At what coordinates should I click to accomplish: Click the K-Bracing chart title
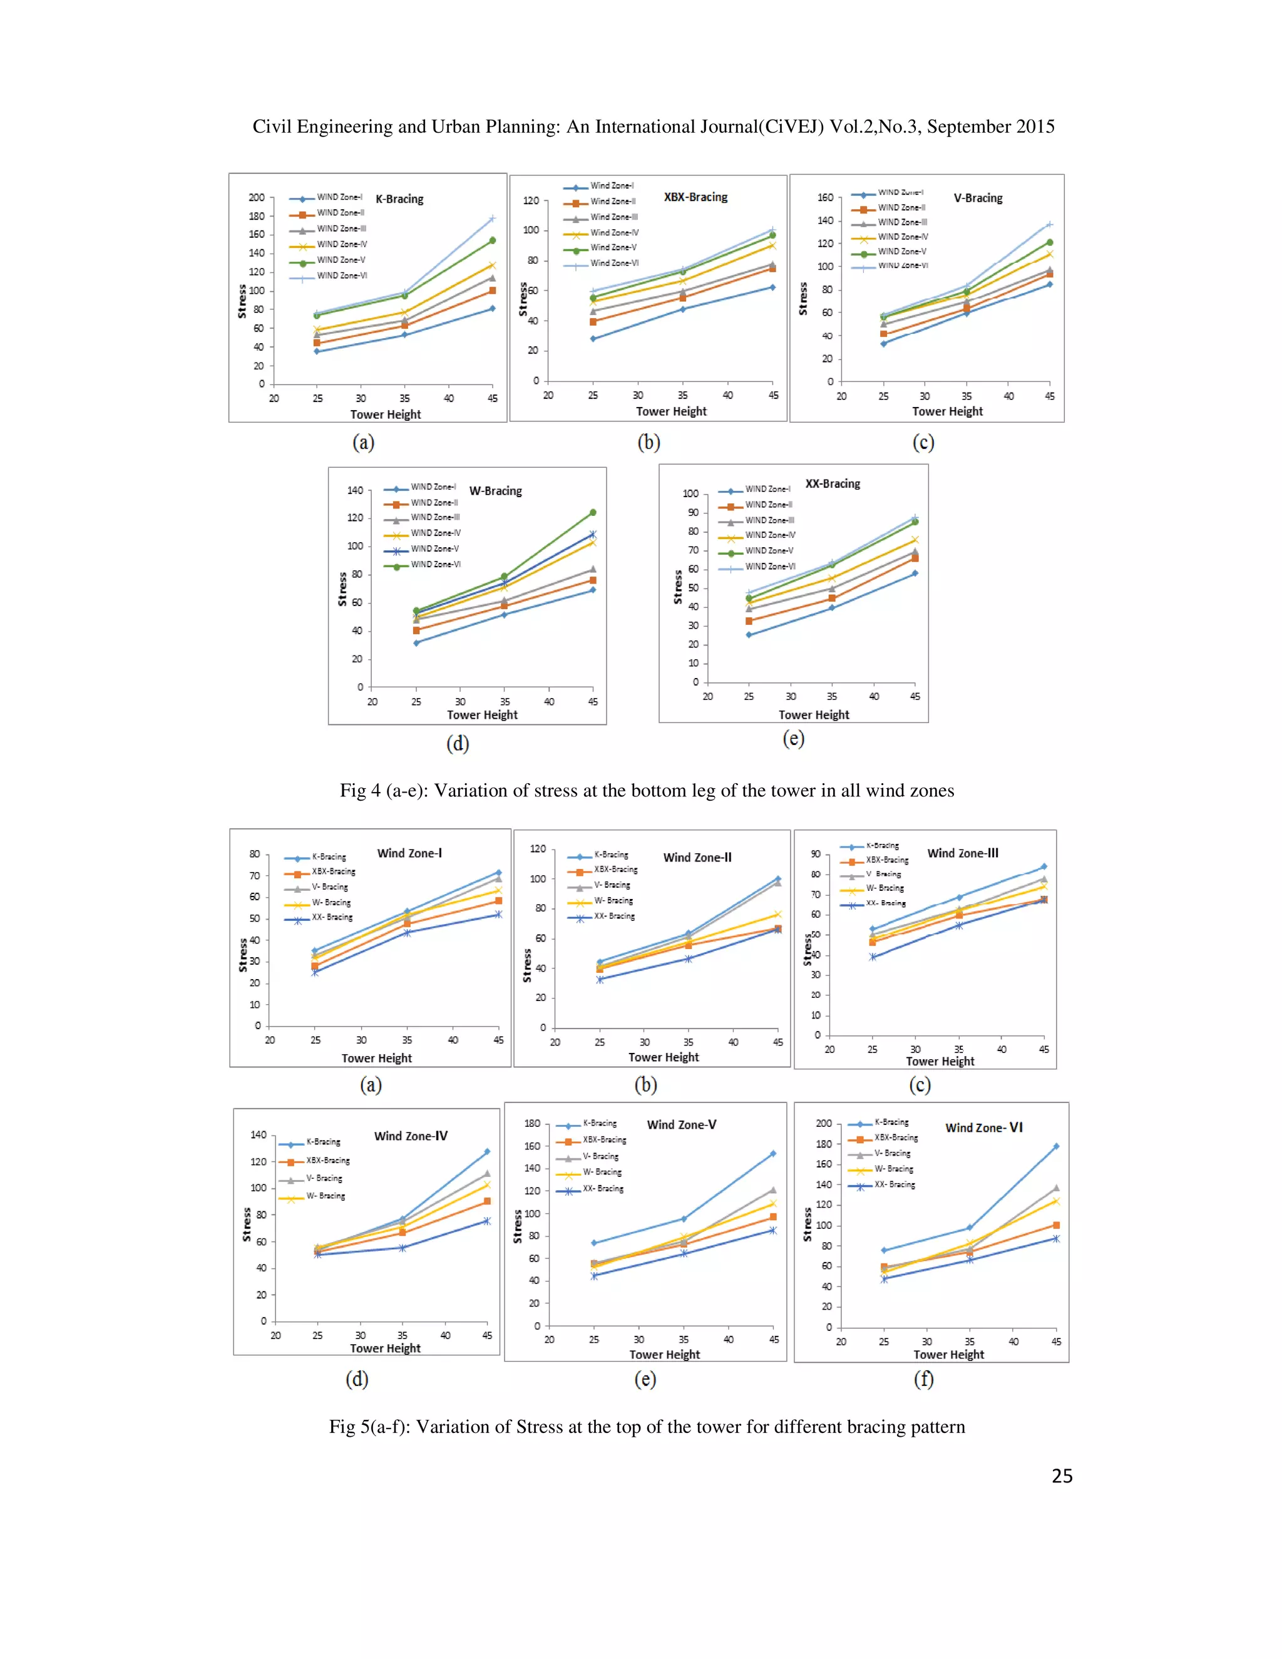[399, 199]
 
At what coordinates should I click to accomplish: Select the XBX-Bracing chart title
[695, 197]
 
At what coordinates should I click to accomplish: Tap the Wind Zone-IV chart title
[411, 1136]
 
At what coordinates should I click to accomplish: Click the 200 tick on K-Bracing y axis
[257, 197]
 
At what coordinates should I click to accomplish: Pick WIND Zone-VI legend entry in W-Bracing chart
[434, 565]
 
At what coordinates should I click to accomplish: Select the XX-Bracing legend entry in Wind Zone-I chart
[331, 918]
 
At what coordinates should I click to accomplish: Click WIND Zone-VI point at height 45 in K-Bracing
[492, 218]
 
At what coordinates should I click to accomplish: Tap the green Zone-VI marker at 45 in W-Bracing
[592, 513]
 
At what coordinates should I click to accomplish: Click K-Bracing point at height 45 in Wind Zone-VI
[1055, 1146]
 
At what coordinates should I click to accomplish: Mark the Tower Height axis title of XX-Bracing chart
[813, 715]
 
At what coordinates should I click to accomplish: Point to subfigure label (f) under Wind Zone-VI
[923, 1379]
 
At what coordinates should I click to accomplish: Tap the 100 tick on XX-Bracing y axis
[690, 494]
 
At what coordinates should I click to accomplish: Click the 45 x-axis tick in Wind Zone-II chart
[777, 1042]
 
